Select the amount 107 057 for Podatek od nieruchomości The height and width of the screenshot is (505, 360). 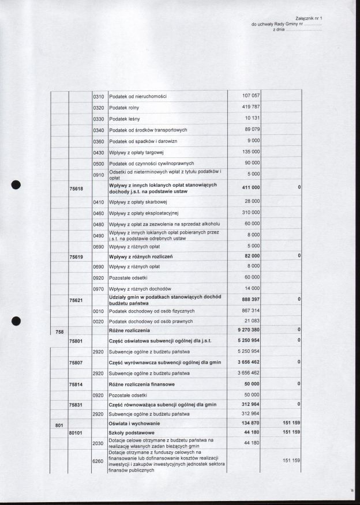click(252, 95)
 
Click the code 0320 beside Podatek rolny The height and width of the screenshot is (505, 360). click(98, 108)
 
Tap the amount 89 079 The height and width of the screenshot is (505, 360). click(252, 130)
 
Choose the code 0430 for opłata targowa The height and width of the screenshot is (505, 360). click(98, 152)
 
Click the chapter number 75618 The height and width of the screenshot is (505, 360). click(76, 188)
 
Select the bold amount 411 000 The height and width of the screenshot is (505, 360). click(250, 188)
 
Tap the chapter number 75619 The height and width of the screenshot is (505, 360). click(76, 255)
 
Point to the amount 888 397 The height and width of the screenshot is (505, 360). click(250, 300)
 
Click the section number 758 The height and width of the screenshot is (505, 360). click(59, 331)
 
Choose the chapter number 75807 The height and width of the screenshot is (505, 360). click(76, 362)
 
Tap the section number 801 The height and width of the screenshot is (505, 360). click(59, 425)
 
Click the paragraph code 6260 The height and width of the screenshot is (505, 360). click(98, 461)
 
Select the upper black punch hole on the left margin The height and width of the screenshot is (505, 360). click(17, 184)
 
